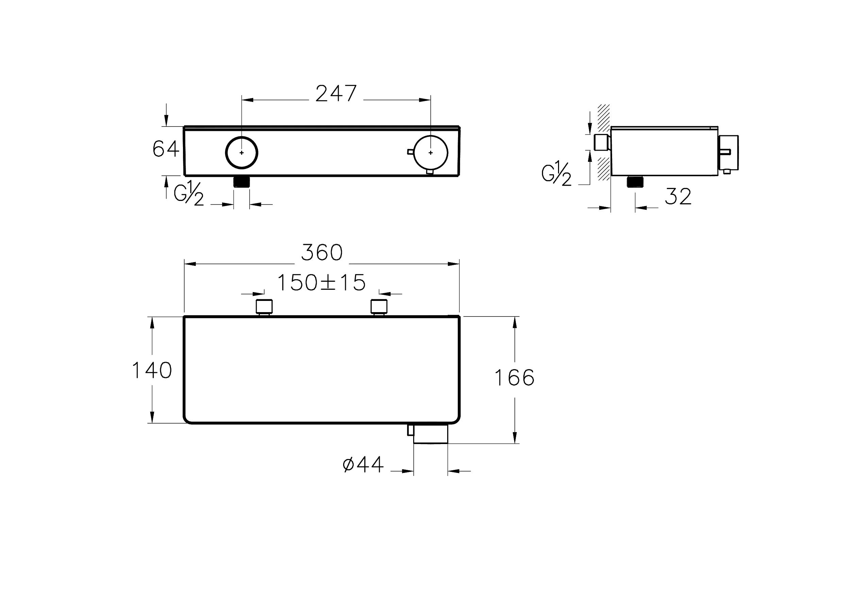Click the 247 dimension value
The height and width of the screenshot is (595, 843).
point(336,93)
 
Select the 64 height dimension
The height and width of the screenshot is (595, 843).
point(166,149)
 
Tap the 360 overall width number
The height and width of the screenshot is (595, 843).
point(322,253)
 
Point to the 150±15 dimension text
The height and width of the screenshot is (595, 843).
point(321,283)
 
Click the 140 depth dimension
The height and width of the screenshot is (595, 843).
point(152,370)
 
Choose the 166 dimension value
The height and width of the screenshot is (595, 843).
point(514,378)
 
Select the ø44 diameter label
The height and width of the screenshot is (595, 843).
point(363,464)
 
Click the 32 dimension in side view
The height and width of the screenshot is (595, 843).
point(678,197)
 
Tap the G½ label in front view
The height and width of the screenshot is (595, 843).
point(188,193)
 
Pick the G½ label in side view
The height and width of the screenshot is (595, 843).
point(556,174)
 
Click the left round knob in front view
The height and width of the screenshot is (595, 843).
point(241,152)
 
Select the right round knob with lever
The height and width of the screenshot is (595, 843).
point(430,153)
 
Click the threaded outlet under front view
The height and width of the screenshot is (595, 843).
point(241,182)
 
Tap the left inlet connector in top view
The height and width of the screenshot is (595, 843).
point(264,307)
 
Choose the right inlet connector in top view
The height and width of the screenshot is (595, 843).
point(379,307)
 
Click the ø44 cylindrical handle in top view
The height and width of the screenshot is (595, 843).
point(430,434)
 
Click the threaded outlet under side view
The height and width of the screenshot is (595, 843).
point(635,182)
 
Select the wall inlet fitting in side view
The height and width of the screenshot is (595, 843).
point(602,142)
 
